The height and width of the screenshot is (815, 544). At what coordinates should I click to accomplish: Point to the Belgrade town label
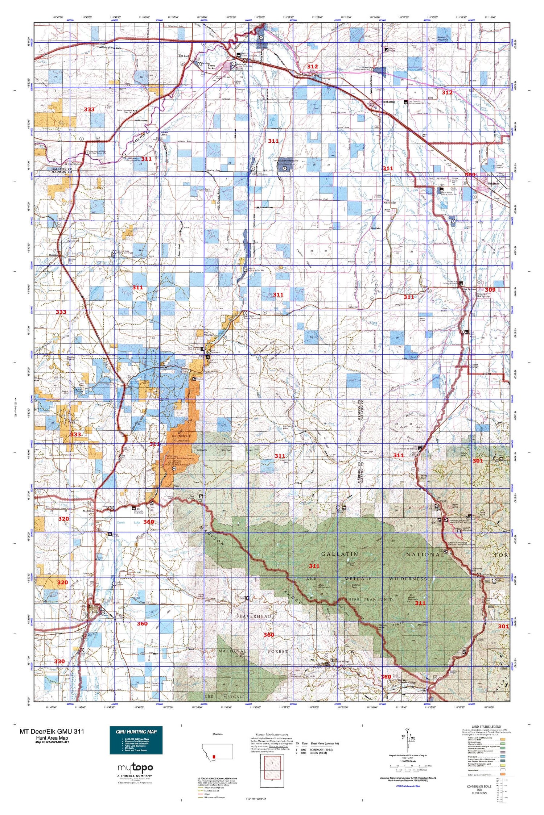click(494, 184)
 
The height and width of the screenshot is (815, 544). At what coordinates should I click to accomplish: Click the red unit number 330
click(59, 661)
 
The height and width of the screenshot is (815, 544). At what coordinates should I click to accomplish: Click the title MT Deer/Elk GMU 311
click(52, 731)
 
